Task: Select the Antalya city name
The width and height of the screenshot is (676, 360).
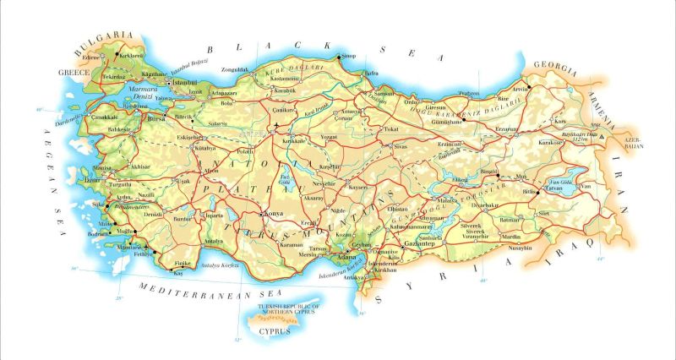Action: click(x=214, y=242)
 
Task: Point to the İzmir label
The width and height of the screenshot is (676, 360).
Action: click(x=91, y=180)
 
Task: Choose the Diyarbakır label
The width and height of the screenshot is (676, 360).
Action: click(x=487, y=205)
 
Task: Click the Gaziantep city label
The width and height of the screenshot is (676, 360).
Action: click(x=420, y=244)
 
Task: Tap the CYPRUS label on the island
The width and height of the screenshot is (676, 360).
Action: click(x=275, y=331)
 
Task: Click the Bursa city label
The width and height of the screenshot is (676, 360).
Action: click(x=156, y=120)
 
